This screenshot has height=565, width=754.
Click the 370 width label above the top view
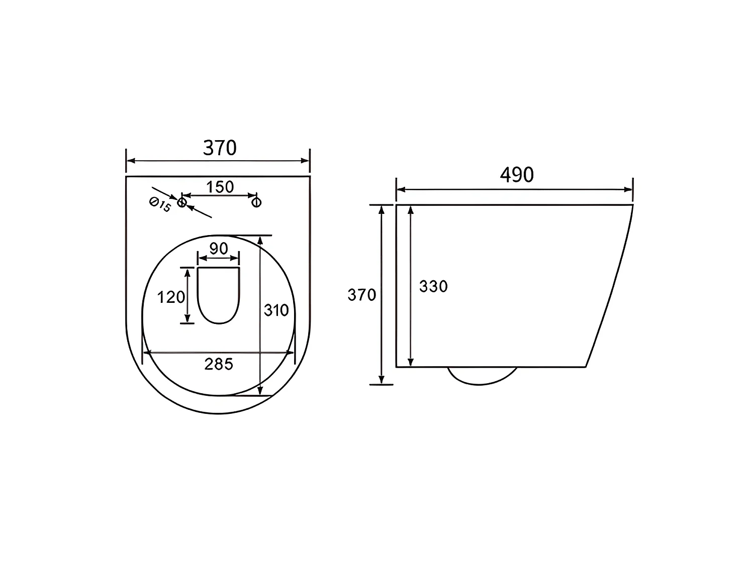[220, 148]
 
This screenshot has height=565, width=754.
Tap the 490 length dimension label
[517, 175]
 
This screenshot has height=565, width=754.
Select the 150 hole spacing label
[220, 187]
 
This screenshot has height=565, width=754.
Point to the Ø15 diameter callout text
[160, 204]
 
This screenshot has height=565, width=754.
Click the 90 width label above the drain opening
[219, 249]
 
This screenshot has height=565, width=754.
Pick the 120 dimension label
[171, 297]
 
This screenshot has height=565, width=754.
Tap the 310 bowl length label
[276, 310]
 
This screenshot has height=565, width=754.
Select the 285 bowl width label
[219, 364]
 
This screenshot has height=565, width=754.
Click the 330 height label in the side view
[433, 286]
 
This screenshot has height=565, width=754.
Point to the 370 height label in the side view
[362, 295]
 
